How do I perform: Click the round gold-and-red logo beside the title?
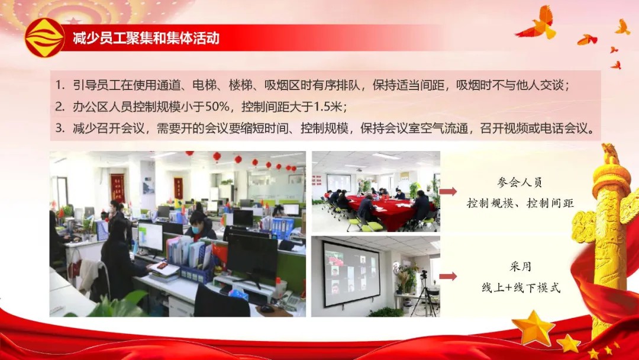[x=45, y=38]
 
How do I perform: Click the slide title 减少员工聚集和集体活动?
[x=146, y=38]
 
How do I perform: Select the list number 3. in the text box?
[x=60, y=128]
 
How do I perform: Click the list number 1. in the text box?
[x=60, y=85]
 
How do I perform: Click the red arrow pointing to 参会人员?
[x=448, y=191]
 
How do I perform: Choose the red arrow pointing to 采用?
[x=448, y=277]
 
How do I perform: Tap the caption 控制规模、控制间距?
[x=520, y=203]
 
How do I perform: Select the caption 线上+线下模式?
[x=521, y=288]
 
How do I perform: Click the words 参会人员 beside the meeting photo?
[x=519, y=182]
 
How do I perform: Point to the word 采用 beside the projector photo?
[x=521, y=267]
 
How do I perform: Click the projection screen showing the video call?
[x=351, y=273]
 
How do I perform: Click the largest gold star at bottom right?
[x=533, y=327]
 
